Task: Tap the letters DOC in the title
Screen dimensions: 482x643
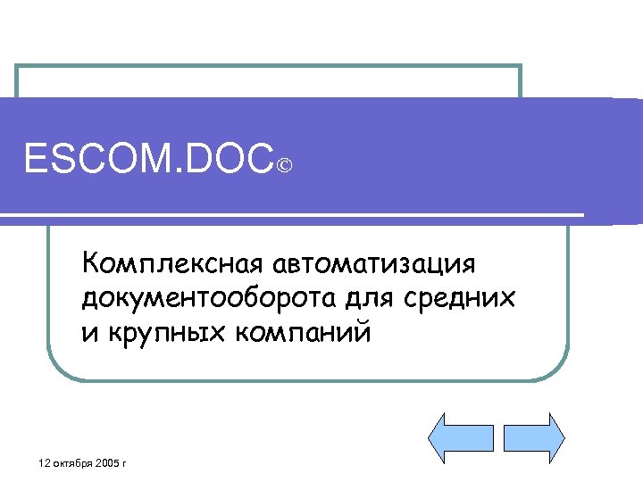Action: coord(230,162)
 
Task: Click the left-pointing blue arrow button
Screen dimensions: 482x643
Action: coord(462,437)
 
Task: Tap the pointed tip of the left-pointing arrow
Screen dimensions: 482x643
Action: coord(431,437)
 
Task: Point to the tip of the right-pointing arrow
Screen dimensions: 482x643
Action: coord(564,437)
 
